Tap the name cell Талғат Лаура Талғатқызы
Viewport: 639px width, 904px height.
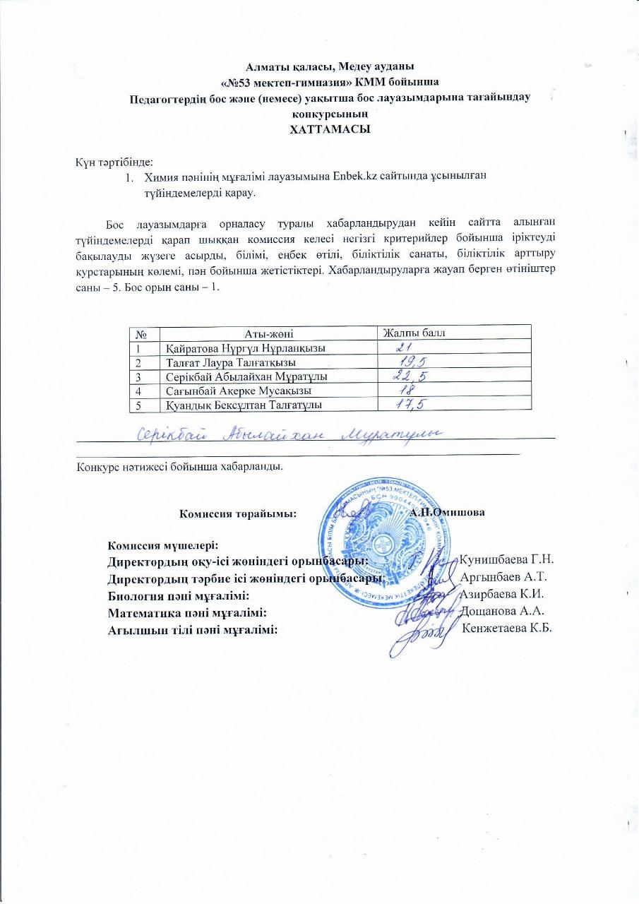[231, 362]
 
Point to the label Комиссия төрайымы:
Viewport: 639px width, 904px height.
[237, 513]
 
